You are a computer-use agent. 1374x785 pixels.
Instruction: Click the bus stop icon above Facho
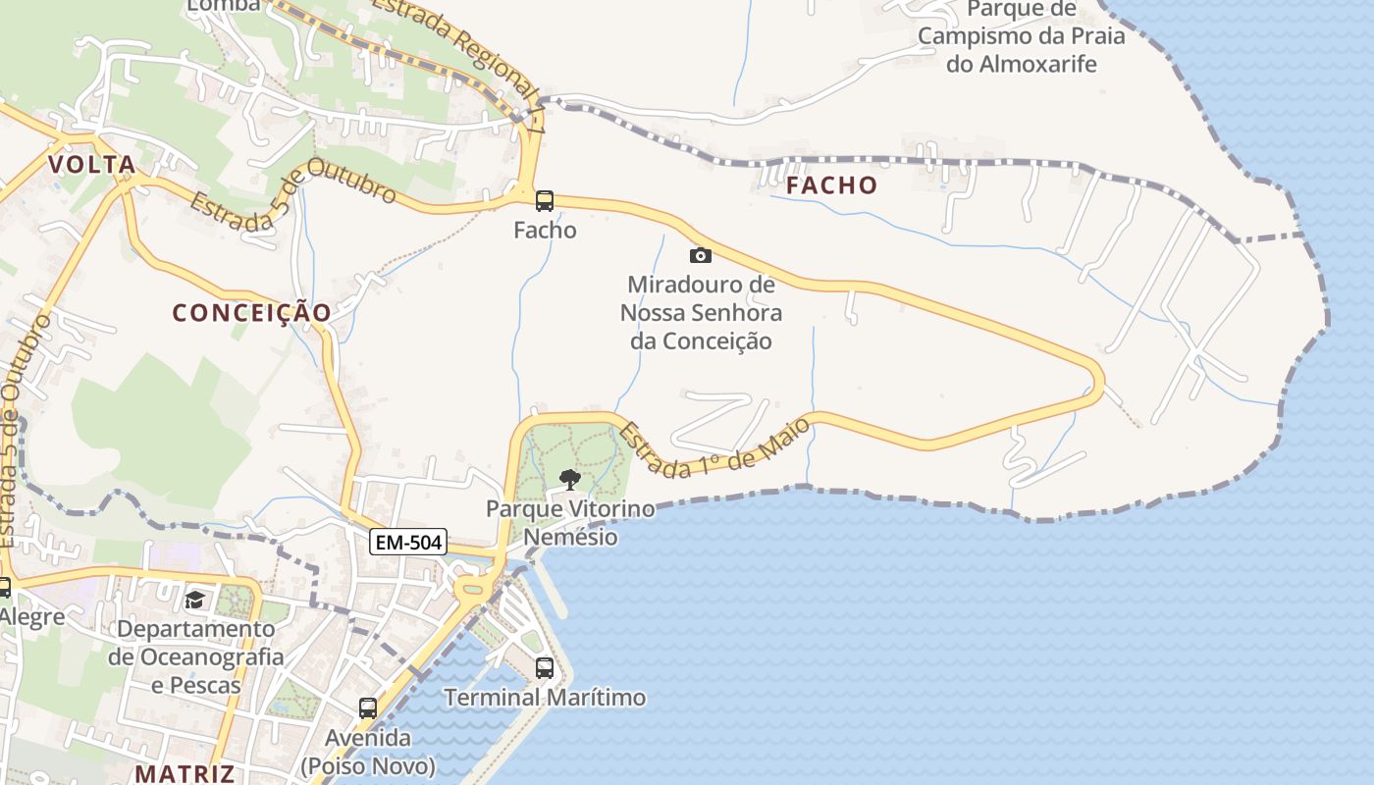click(545, 201)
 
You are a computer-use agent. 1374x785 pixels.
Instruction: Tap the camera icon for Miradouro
click(700, 255)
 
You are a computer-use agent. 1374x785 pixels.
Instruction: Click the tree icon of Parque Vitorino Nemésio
click(569, 480)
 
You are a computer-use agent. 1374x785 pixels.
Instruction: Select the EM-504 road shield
click(408, 541)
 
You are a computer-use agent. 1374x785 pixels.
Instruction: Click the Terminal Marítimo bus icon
click(545, 668)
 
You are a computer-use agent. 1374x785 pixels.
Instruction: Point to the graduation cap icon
click(194, 600)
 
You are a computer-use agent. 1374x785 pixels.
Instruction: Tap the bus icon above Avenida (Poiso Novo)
click(368, 707)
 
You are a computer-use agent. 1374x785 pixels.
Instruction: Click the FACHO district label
click(831, 184)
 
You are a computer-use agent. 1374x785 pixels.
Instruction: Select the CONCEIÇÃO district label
click(252, 312)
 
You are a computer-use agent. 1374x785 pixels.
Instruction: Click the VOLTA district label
click(92, 164)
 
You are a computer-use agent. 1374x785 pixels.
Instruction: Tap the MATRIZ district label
click(185, 773)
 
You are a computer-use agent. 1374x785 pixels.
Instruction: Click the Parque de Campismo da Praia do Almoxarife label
click(1022, 36)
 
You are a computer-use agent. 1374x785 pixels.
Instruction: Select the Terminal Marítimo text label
click(545, 698)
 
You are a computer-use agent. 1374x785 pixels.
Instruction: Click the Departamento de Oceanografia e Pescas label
click(196, 656)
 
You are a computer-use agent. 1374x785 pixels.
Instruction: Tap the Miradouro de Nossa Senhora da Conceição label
click(701, 313)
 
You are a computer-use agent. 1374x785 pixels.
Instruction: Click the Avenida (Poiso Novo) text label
click(368, 751)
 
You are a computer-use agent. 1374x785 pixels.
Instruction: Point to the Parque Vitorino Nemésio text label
click(570, 523)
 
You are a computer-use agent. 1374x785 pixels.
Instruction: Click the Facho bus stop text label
click(545, 231)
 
